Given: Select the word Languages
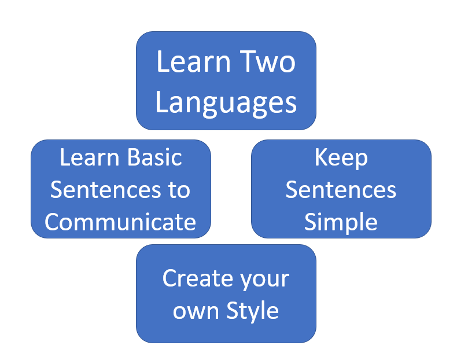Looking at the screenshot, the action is [x=226, y=103].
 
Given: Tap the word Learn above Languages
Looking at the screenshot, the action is [x=194, y=61].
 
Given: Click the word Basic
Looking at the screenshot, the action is [x=154, y=157].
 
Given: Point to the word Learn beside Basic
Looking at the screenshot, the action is [x=90, y=157].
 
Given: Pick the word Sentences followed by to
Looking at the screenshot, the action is [x=105, y=190].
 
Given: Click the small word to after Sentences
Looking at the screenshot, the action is [x=179, y=190].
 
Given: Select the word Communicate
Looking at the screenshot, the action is [x=120, y=222].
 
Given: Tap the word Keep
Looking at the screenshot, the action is [x=341, y=159].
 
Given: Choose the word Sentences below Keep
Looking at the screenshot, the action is [x=341, y=190].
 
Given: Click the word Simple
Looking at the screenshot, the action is [x=341, y=223].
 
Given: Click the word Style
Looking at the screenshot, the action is [x=252, y=311].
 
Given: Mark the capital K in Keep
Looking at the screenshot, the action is [x=321, y=157].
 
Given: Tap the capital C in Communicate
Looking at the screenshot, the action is [x=53, y=222].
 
